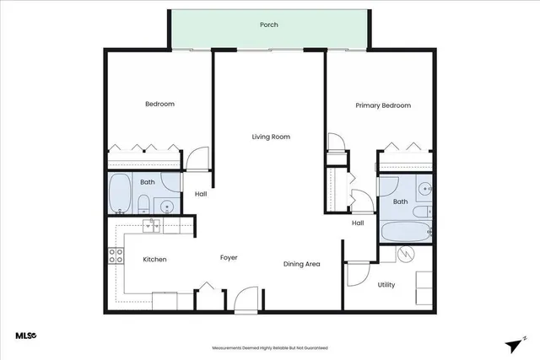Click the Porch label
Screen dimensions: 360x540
(x=269, y=25)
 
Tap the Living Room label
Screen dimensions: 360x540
(x=271, y=137)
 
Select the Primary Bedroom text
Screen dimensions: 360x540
(x=383, y=105)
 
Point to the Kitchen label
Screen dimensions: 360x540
(x=154, y=260)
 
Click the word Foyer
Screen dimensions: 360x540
(x=229, y=257)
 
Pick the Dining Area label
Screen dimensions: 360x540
(x=301, y=265)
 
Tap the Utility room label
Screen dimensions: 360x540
(x=386, y=285)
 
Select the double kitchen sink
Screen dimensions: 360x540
(x=153, y=224)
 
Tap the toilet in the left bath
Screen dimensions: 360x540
(x=143, y=202)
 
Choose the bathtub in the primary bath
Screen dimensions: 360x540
(x=406, y=232)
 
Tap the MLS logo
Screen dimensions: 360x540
(x=26, y=336)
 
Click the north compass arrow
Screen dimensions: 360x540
(x=514, y=344)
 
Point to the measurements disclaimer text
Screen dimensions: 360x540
(x=269, y=347)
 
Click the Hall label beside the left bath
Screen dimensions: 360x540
(x=201, y=194)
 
